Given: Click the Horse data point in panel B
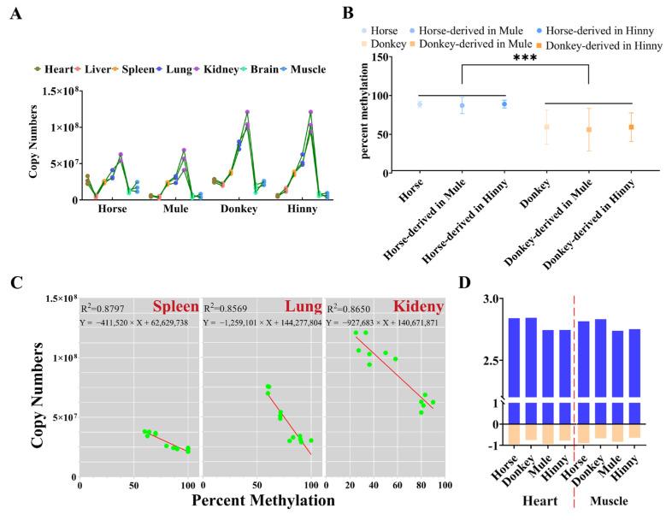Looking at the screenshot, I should [x=420, y=104].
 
